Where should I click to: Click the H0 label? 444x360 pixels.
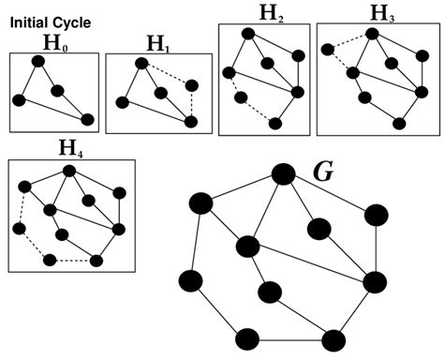click(52, 41)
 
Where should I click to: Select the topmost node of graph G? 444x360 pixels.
click(283, 174)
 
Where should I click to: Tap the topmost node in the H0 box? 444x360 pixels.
click(37, 62)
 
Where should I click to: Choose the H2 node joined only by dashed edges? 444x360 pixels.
click(242, 96)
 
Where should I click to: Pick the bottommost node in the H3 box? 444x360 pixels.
click(399, 124)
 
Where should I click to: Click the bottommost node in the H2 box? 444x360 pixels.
click(274, 122)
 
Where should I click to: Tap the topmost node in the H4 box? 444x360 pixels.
click(69, 171)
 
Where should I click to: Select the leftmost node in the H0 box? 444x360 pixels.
click(18, 100)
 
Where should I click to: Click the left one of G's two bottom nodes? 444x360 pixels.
click(247, 338)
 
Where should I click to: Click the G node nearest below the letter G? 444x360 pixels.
click(318, 229)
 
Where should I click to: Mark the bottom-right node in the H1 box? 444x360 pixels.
click(191, 122)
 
